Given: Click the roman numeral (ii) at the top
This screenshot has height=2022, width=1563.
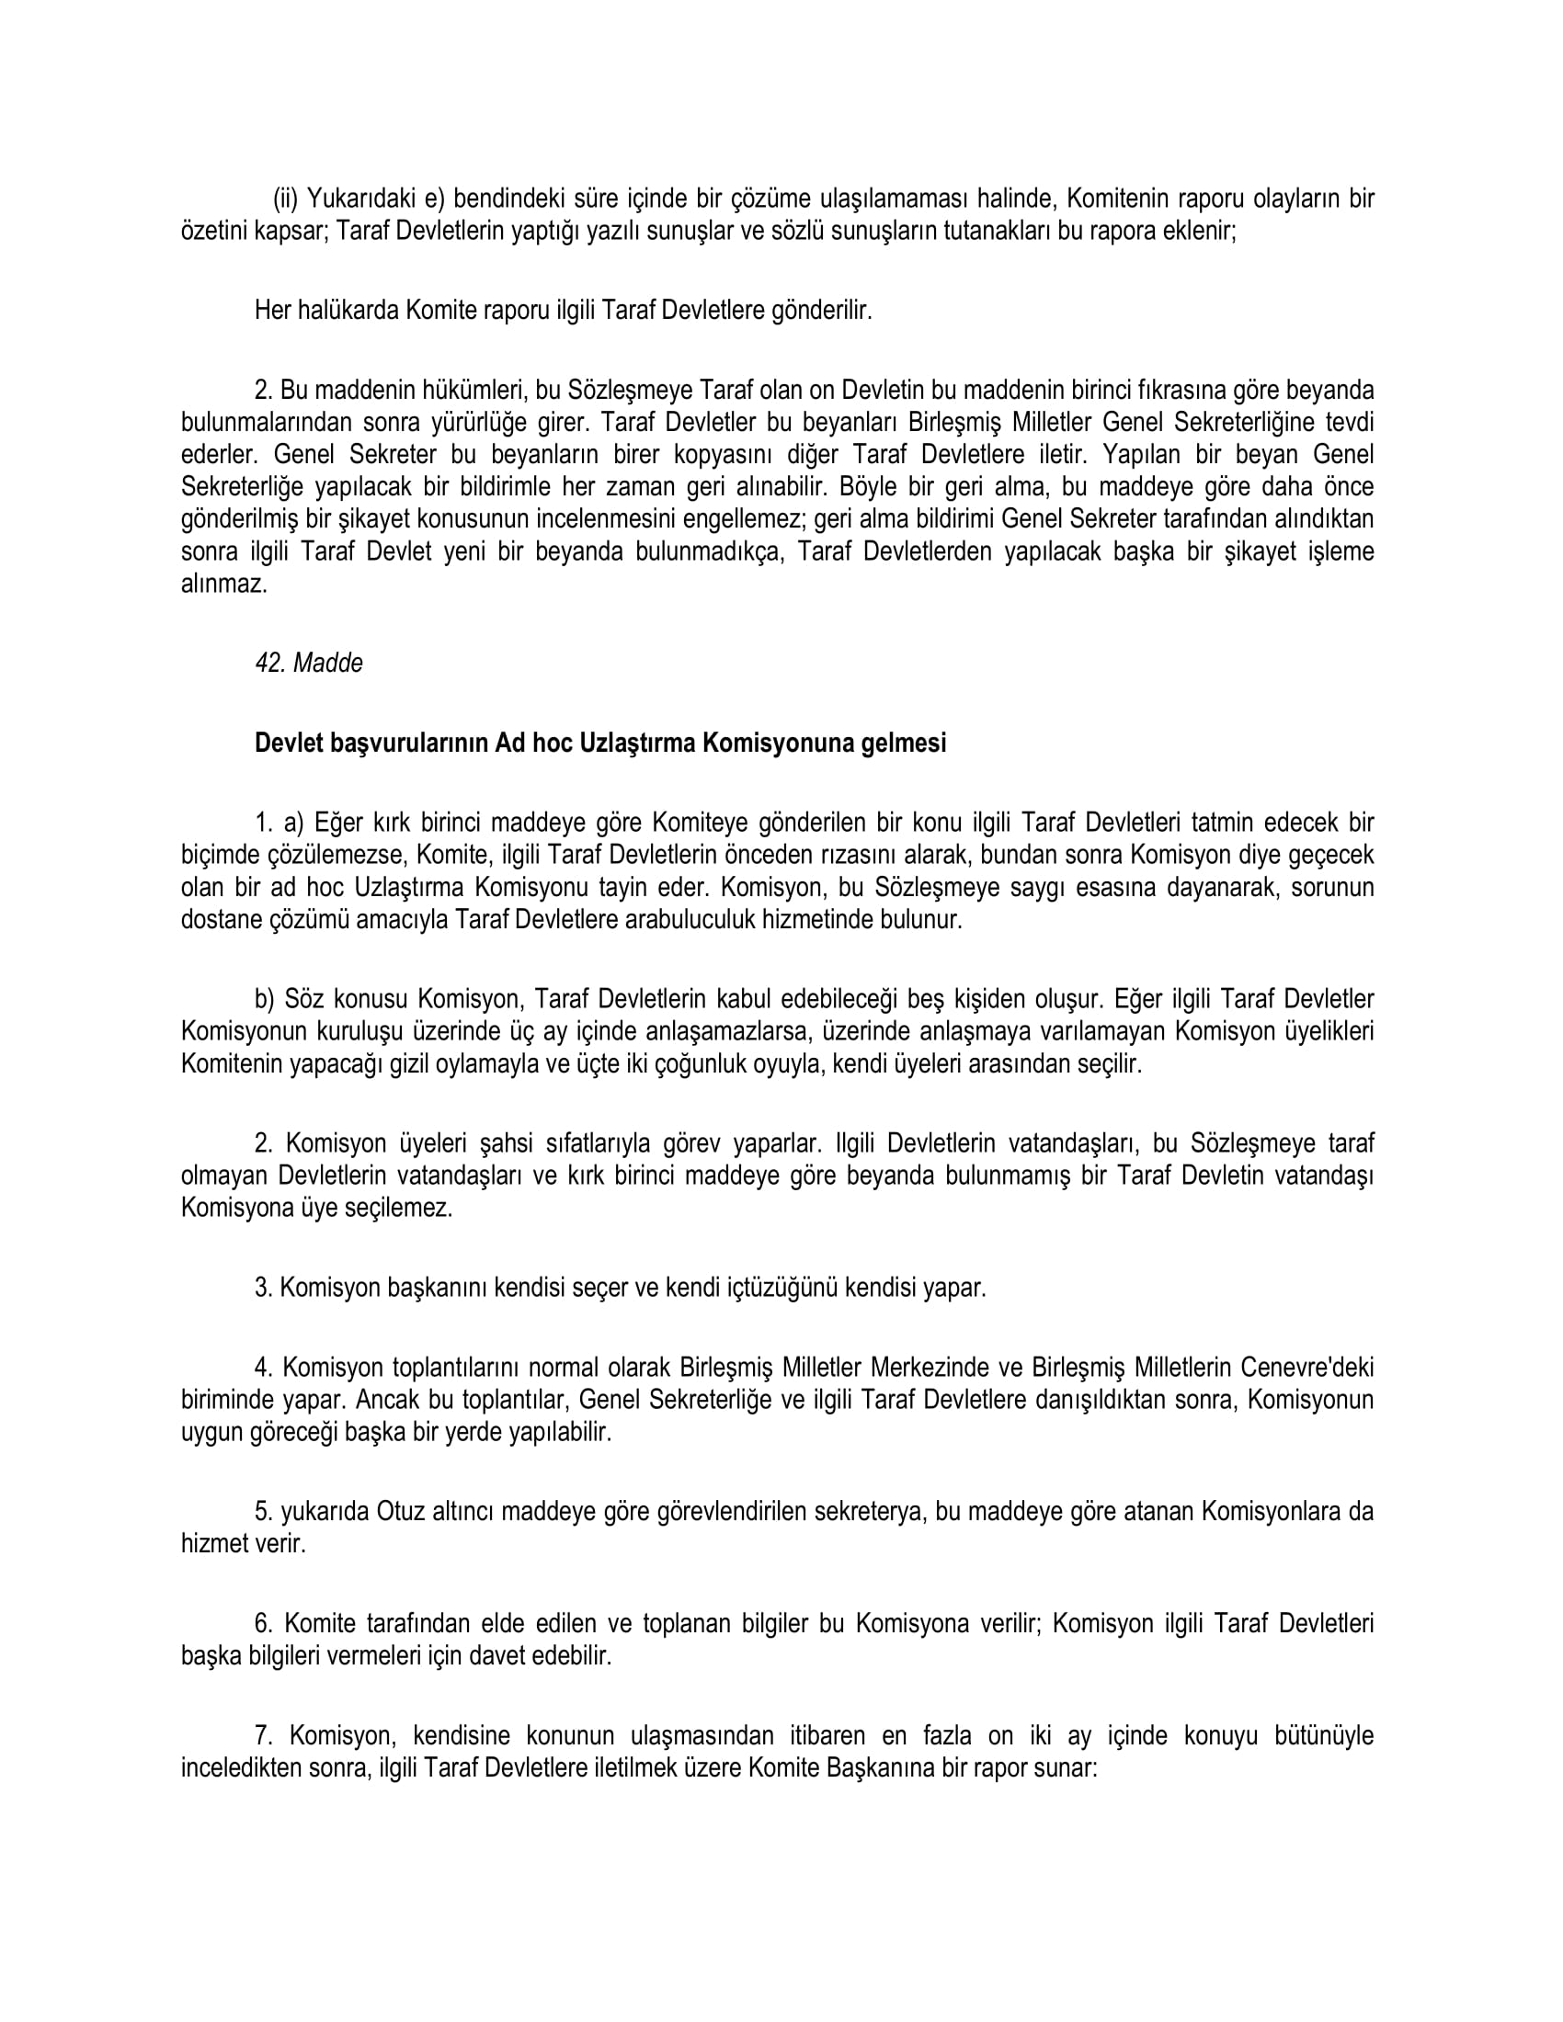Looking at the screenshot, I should click(x=287, y=199).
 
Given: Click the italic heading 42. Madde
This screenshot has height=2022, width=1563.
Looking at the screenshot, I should click(x=308, y=663).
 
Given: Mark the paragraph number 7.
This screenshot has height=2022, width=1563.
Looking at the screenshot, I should click(x=262, y=1735).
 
